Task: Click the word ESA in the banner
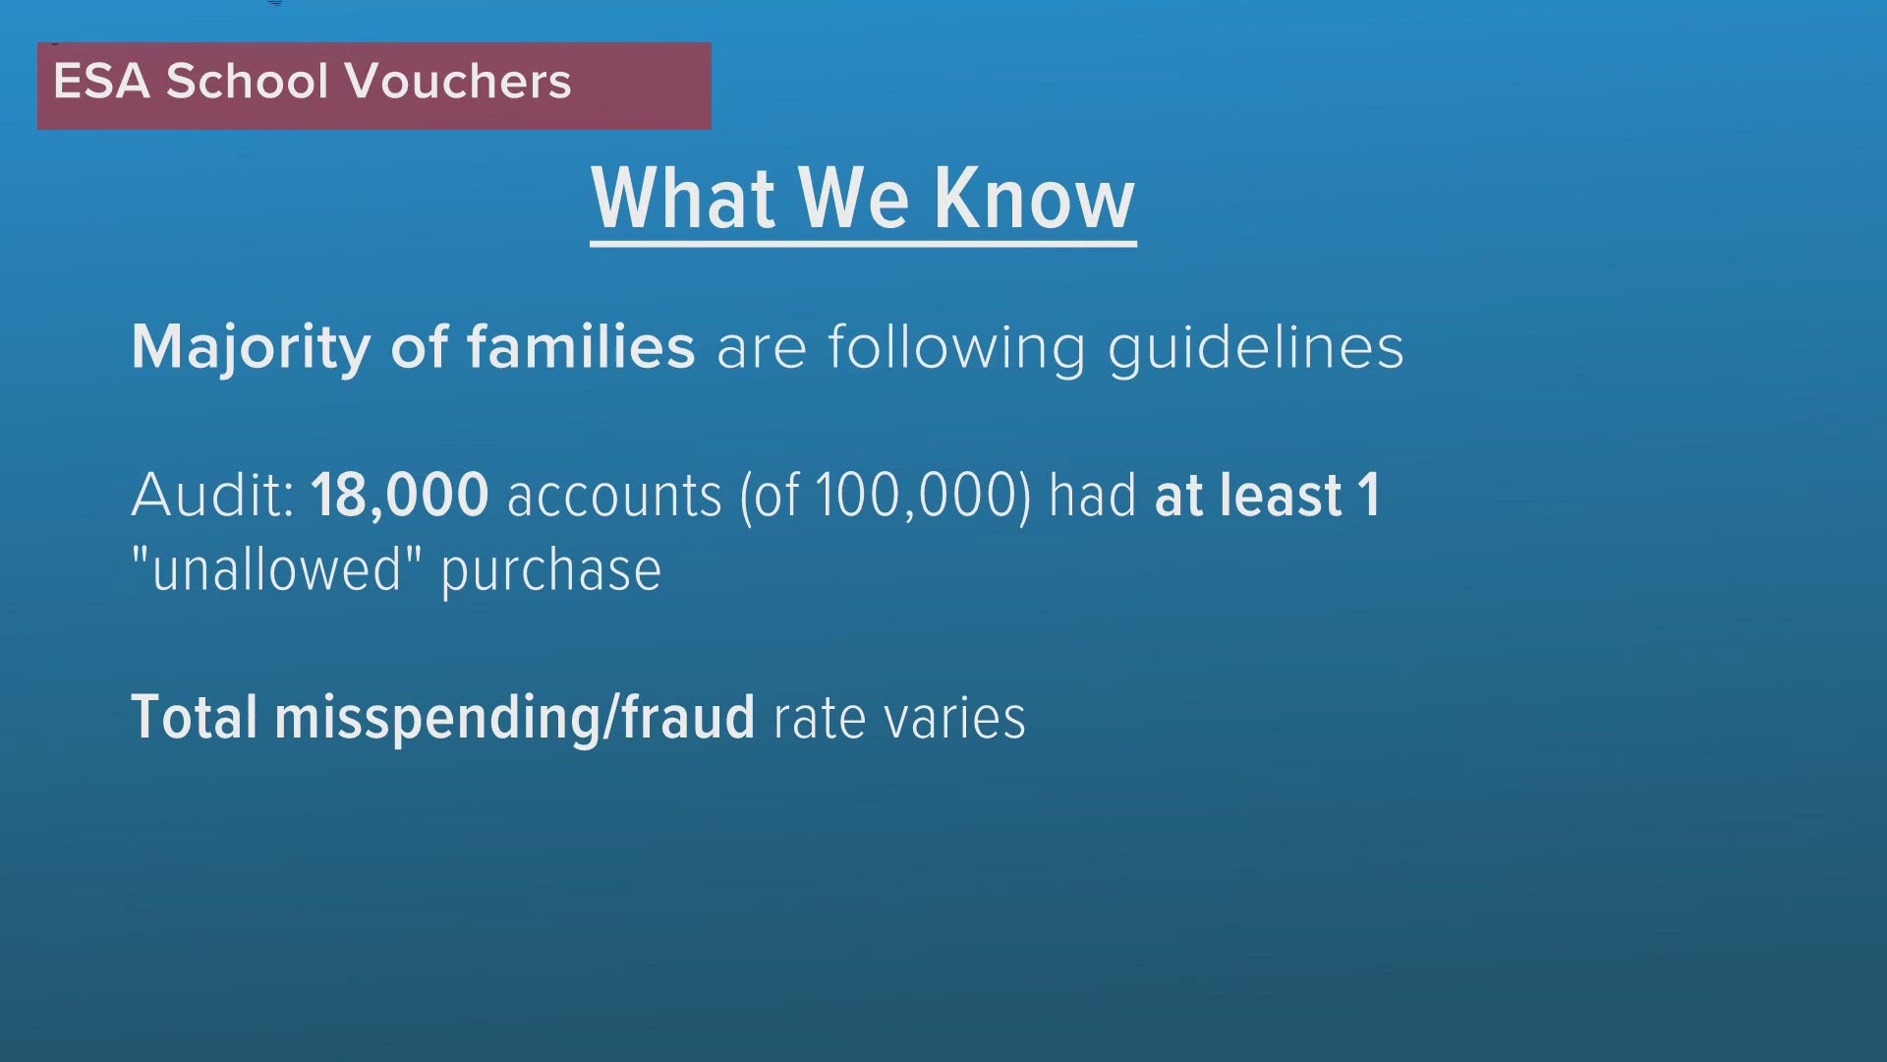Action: tap(101, 81)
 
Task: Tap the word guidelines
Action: tap(1256, 348)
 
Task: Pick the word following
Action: tap(956, 348)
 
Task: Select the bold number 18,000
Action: tap(400, 496)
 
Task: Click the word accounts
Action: tap(614, 497)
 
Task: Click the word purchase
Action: tap(551, 573)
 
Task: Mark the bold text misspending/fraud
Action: tap(515, 719)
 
